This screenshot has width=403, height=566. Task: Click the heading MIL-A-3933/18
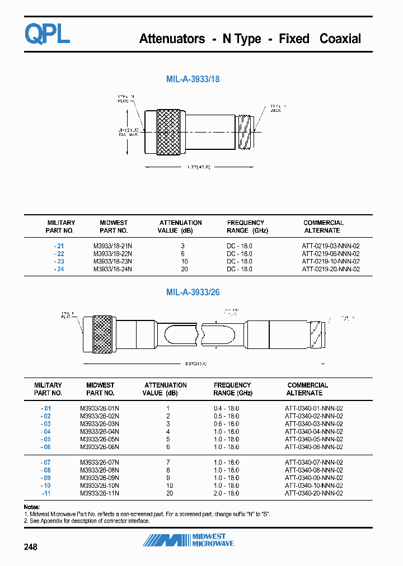click(193, 79)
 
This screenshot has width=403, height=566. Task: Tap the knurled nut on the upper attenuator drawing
click(170, 131)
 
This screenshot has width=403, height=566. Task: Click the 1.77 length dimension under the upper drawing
click(199, 167)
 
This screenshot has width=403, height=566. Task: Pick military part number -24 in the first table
click(59, 270)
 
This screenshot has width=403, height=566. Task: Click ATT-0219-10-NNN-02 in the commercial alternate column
click(330, 262)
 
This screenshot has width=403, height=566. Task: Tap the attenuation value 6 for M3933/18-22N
click(183, 254)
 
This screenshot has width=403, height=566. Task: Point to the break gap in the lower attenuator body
click(200, 334)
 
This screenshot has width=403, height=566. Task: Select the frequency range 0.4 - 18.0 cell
click(226, 408)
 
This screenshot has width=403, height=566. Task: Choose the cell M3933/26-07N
click(99, 463)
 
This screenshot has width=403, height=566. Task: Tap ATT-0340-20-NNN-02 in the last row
click(313, 493)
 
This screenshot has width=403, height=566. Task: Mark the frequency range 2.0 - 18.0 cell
click(226, 493)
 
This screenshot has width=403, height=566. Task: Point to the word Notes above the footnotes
click(32, 507)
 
